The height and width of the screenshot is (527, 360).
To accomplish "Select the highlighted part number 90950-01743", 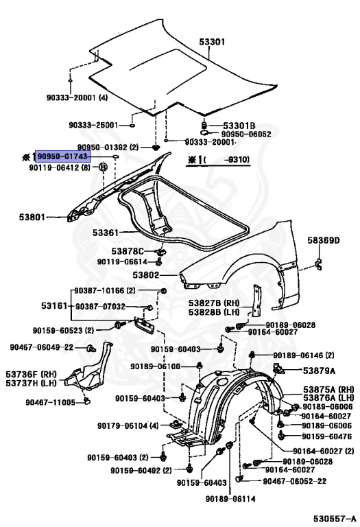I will [x=62, y=157].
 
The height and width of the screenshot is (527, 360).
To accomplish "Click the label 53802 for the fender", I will [x=145, y=275].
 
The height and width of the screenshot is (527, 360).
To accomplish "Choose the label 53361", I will [x=107, y=233].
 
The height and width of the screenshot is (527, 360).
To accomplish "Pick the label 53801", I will [x=32, y=218].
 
